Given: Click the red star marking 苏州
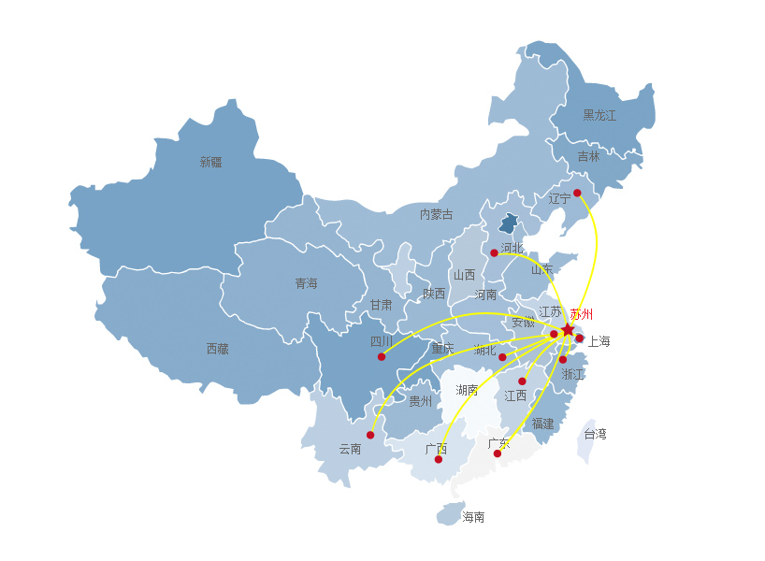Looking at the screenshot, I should click(568, 329).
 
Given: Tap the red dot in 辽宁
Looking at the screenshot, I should click(577, 193).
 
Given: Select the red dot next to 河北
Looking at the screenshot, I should click(494, 252).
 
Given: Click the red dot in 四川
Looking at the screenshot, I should click(382, 356).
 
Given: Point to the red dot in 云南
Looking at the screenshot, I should click(370, 435).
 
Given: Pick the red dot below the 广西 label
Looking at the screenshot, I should click(438, 459).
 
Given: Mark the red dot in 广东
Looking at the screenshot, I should click(498, 453).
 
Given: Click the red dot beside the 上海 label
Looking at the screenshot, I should click(580, 338).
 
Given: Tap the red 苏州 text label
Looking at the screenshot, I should click(582, 314).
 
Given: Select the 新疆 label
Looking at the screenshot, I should click(211, 162).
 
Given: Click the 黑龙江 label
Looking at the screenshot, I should click(599, 115).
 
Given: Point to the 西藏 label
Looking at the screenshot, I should click(217, 349).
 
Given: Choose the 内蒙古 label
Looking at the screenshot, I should click(436, 214).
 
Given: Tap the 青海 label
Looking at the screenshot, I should click(306, 283).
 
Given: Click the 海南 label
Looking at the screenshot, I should click(473, 516).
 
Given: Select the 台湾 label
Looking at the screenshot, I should click(595, 434).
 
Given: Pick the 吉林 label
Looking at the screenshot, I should click(588, 157).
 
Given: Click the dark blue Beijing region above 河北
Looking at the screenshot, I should click(508, 223).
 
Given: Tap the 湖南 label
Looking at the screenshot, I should click(467, 390).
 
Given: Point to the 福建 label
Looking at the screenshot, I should click(542, 424).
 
